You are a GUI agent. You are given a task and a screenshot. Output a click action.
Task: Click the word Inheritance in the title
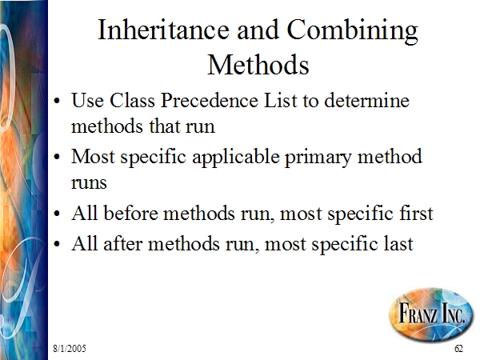click(163, 30)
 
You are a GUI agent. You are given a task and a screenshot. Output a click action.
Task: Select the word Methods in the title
click(258, 64)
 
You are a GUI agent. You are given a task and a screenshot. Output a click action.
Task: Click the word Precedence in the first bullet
click(210, 100)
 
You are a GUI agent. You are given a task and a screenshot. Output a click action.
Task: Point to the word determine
click(366, 100)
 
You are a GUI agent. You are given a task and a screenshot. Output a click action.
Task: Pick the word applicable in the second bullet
click(236, 158)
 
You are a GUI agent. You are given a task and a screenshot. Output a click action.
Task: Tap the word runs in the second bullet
click(89, 183)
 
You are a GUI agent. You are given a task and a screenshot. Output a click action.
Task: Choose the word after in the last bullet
click(122, 243)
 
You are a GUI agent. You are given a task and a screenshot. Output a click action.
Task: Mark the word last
click(398, 243)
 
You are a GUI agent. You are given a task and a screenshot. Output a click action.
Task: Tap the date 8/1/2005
click(70, 348)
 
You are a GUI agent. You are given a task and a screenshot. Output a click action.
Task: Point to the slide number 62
click(458, 348)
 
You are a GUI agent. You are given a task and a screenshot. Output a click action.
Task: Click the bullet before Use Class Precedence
click(57, 101)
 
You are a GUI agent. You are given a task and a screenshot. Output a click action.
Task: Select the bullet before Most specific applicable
click(57, 158)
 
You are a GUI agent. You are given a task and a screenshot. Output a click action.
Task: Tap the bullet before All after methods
click(57, 244)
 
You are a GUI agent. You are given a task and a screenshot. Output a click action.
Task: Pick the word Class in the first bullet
click(132, 100)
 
